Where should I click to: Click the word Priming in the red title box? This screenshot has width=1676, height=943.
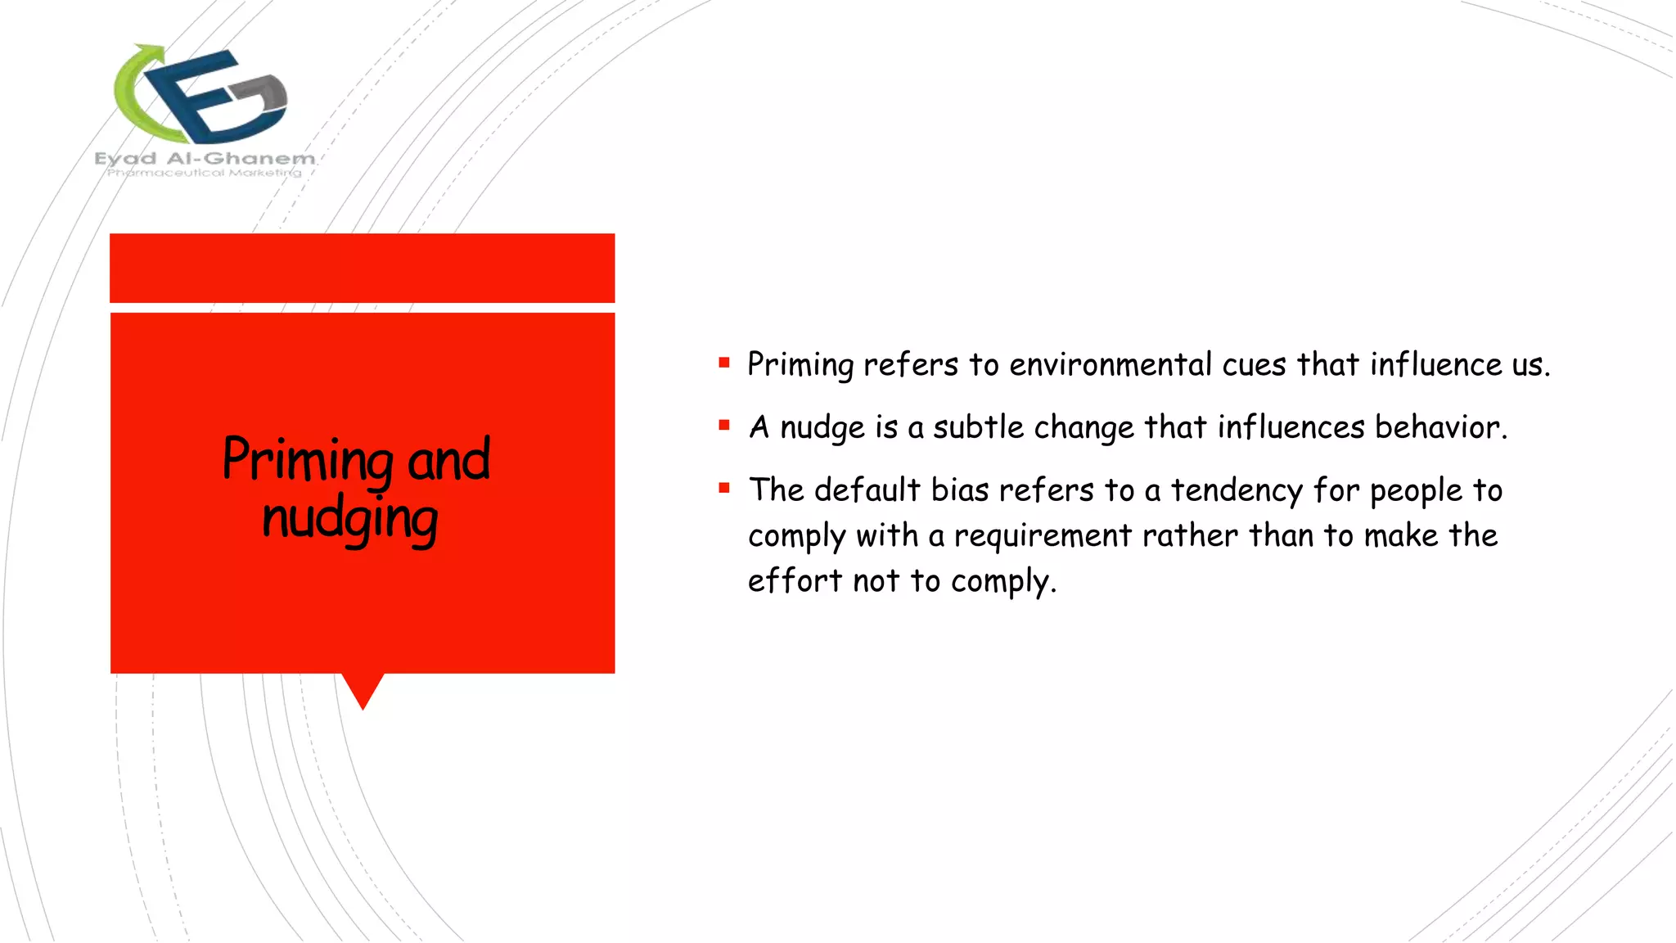click(x=309, y=460)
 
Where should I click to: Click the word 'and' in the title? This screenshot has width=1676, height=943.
click(x=448, y=460)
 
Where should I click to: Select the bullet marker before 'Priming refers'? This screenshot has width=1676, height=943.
click(x=724, y=362)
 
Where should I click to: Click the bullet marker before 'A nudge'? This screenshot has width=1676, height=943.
click(x=724, y=425)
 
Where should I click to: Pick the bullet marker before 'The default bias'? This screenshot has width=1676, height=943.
click(x=724, y=488)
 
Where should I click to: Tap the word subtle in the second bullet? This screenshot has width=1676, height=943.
click(x=978, y=427)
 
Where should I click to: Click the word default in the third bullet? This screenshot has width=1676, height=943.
click(x=867, y=490)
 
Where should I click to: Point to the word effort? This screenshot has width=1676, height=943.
click(x=795, y=581)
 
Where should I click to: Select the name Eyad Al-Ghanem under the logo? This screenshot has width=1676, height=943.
click(x=205, y=158)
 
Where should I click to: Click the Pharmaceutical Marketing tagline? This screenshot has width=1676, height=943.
click(x=205, y=173)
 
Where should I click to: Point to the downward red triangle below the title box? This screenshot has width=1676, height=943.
click(x=363, y=688)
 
